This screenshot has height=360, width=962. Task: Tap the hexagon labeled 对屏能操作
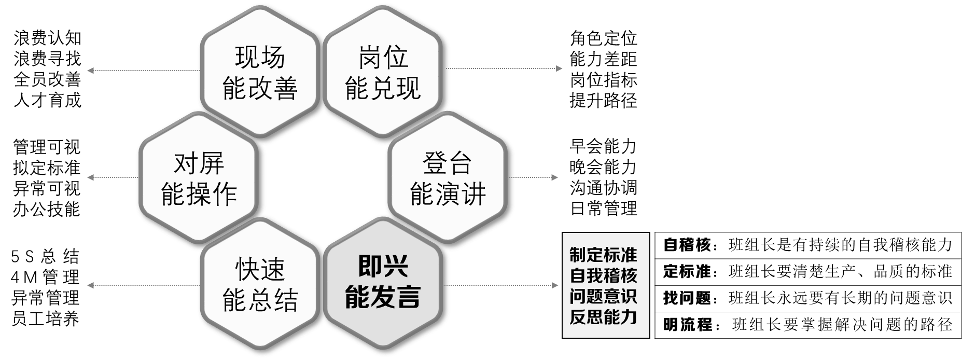[x=199, y=179]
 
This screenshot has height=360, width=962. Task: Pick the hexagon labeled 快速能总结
[x=260, y=285]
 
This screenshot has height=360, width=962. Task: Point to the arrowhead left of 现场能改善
[x=90, y=71]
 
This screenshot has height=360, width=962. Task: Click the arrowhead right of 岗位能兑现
[x=559, y=68]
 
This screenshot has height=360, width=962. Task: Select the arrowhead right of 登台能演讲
[x=555, y=178]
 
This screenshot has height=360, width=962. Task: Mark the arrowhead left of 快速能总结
[x=90, y=285]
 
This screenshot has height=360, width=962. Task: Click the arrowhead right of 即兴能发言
[x=555, y=285]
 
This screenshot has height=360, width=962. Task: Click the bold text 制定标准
[x=603, y=255]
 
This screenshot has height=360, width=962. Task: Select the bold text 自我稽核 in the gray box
[x=603, y=275]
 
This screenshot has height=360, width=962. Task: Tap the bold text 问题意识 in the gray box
[x=603, y=296]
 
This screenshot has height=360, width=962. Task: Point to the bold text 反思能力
[x=603, y=317]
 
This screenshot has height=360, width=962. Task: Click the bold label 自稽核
[x=687, y=245]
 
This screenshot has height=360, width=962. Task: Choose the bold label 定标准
[x=687, y=271]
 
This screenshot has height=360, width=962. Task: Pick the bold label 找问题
[x=687, y=298]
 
